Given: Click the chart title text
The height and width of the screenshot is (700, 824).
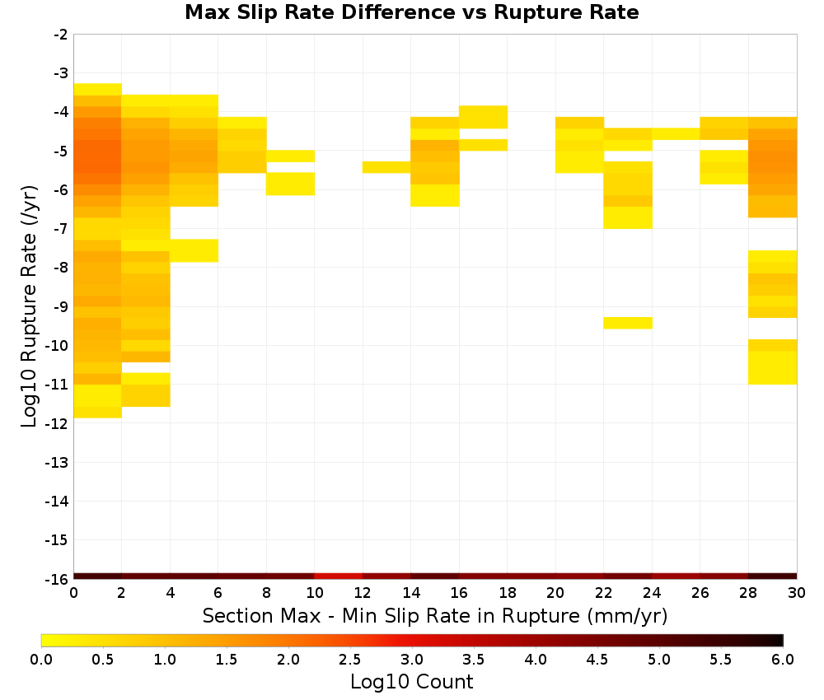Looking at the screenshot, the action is pyautogui.click(x=411, y=12).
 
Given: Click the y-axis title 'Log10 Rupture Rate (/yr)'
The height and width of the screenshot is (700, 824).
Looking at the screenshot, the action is pyautogui.click(x=29, y=306).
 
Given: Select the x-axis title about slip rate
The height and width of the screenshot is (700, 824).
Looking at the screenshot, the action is pyautogui.click(x=434, y=615).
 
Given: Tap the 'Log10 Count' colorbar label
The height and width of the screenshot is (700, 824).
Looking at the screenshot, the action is pyautogui.click(x=411, y=682).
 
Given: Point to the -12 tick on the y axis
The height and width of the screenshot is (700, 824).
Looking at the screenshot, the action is pyautogui.click(x=57, y=424).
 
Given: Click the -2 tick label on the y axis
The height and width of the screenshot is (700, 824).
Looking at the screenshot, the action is pyautogui.click(x=61, y=35).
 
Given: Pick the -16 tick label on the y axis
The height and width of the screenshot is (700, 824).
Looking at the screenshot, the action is pyautogui.click(x=57, y=579).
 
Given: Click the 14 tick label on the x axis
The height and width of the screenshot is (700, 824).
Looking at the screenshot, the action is pyautogui.click(x=411, y=593).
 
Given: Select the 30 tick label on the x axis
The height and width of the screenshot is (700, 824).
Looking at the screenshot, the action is pyautogui.click(x=797, y=593).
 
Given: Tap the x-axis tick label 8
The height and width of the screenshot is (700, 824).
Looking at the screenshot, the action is pyautogui.click(x=266, y=593).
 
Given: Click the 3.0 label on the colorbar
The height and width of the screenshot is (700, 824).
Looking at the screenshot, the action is pyautogui.click(x=411, y=659).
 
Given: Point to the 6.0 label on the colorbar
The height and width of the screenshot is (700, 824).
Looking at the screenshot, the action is pyautogui.click(x=783, y=659).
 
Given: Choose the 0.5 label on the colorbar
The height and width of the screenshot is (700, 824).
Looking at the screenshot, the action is pyautogui.click(x=102, y=659).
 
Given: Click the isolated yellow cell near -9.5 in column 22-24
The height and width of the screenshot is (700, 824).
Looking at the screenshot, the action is pyautogui.click(x=628, y=323).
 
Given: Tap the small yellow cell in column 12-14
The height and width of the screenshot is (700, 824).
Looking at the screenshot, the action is pyautogui.click(x=386, y=167).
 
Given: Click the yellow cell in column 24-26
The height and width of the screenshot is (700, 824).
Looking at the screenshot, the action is pyautogui.click(x=677, y=134).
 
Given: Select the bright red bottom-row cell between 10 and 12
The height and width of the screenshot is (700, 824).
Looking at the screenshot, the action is pyautogui.click(x=339, y=576).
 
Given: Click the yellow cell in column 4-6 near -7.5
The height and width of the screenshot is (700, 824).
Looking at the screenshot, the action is pyautogui.click(x=194, y=250).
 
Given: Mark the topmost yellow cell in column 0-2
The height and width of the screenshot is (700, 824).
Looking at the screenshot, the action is pyautogui.click(x=98, y=89).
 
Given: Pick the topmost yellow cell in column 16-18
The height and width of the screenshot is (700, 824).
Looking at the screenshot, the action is pyautogui.click(x=484, y=117).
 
